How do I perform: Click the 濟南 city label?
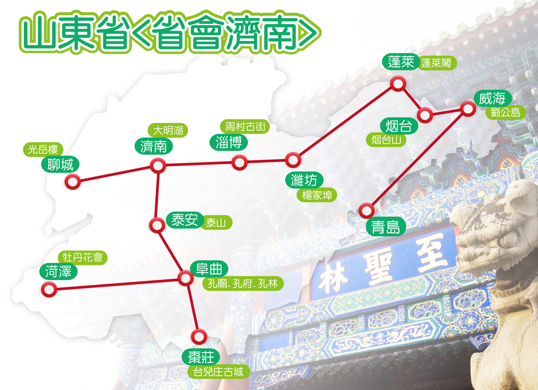point(154,147)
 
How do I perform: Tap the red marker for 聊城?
point(73,181)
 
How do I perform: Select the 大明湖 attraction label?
point(168,130)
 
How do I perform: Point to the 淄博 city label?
point(228,142)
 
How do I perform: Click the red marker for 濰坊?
point(293,159)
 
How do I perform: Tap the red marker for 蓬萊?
point(398,84)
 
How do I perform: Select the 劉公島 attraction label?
point(505,112)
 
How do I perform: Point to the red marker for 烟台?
point(425,115)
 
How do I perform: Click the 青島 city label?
point(386,227)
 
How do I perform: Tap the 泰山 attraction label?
point(216,222)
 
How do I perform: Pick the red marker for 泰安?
point(157,225)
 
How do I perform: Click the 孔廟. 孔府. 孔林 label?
point(243,283)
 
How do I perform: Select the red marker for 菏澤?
point(49,289)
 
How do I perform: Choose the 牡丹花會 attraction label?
point(83,258)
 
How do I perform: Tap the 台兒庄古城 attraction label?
point(218,372)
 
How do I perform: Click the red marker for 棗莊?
point(199,337)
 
